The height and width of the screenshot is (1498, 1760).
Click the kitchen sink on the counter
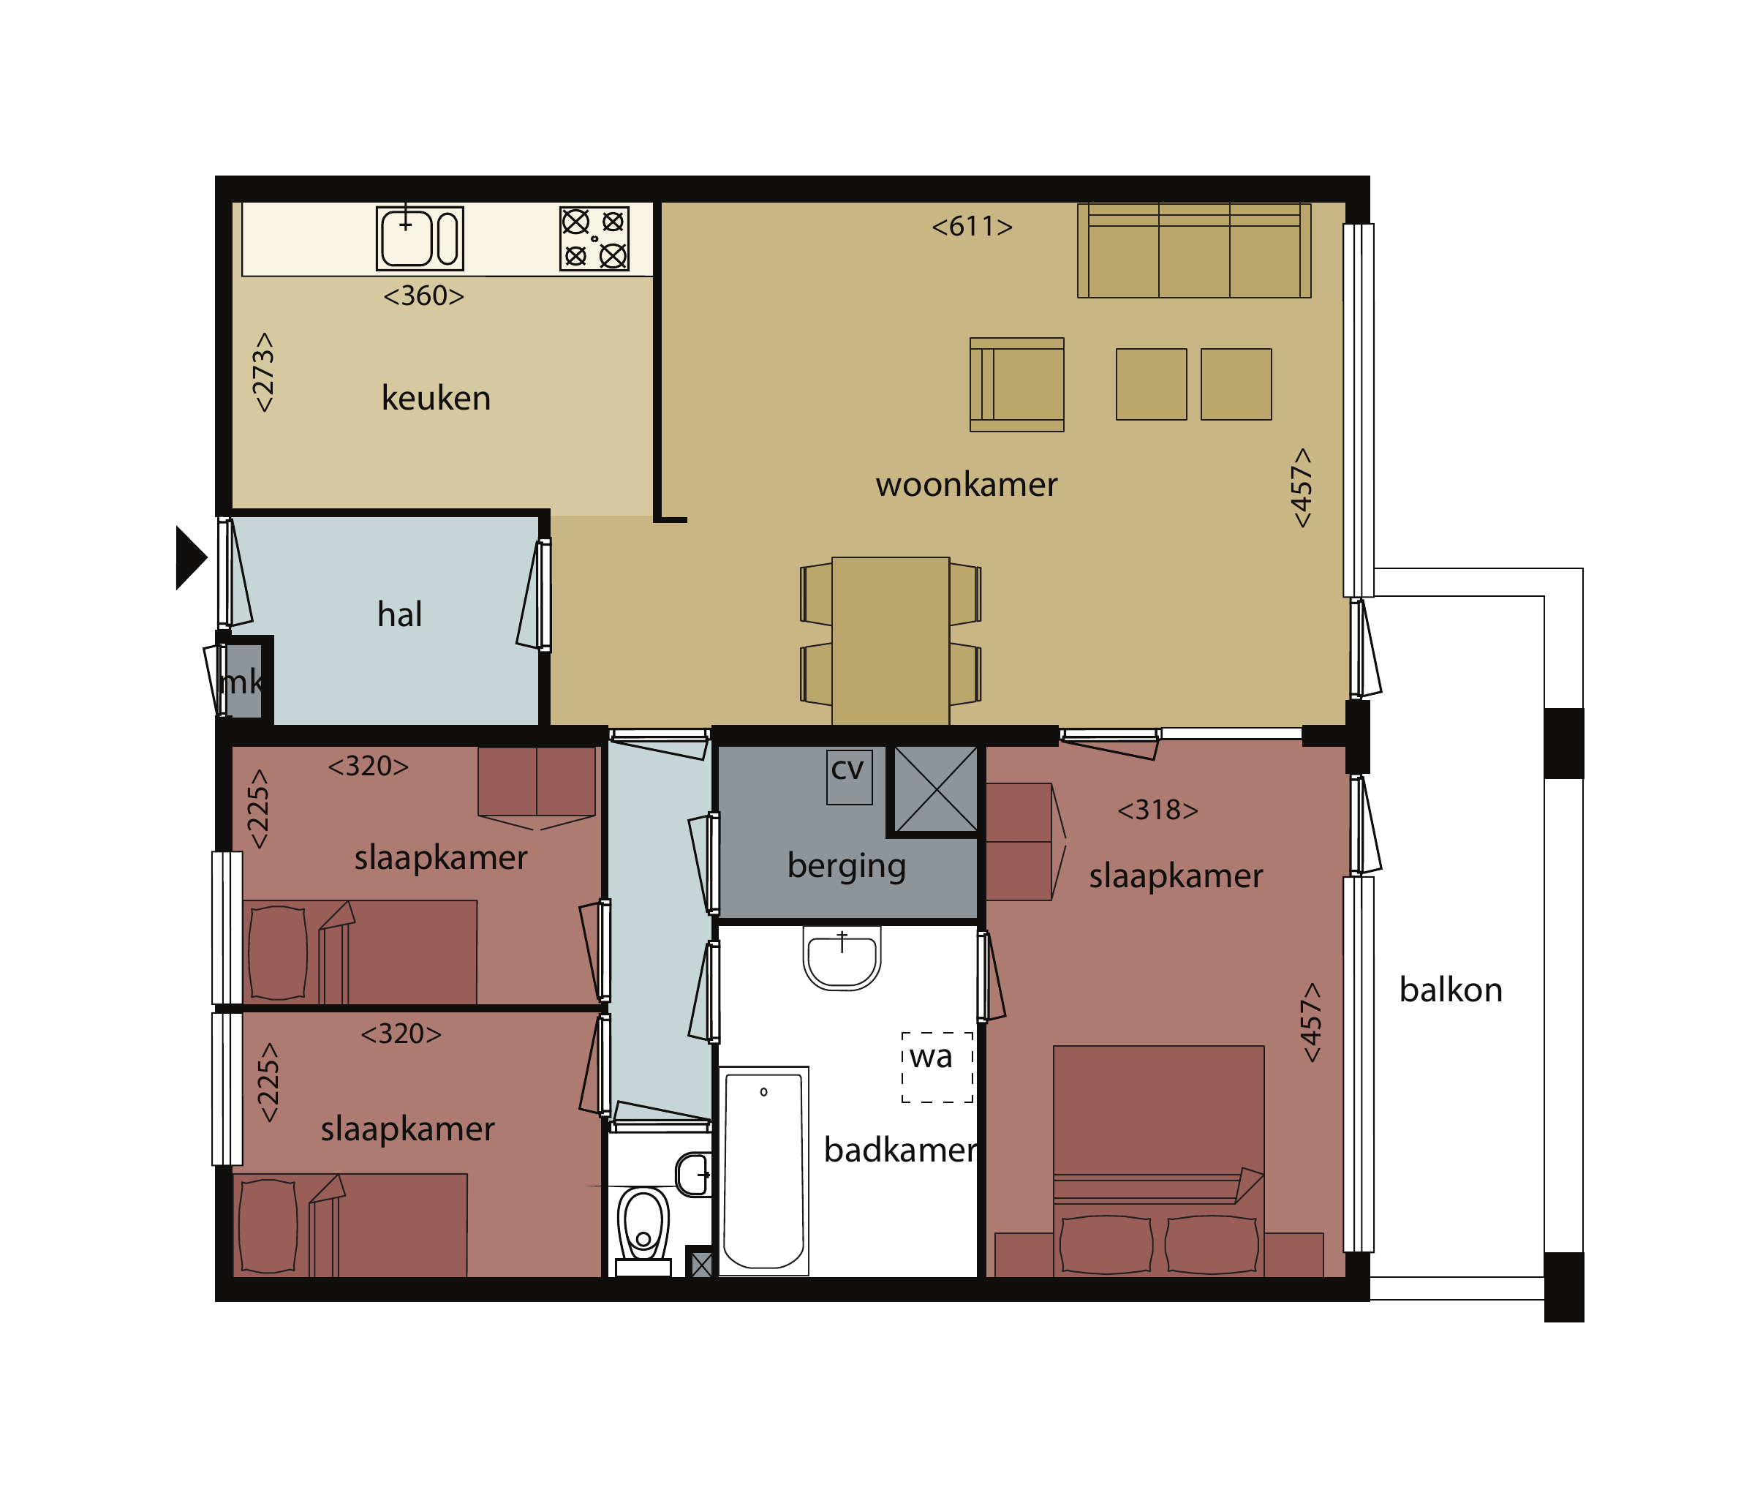pos(420,238)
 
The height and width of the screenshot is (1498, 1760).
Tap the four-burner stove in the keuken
pos(594,238)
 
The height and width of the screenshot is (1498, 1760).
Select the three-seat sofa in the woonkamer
pos(1194,250)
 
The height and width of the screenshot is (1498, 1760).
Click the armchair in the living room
pos(1017,385)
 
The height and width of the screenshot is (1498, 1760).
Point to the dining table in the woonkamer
pos(891,641)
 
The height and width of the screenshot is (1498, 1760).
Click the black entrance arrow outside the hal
pos(191,557)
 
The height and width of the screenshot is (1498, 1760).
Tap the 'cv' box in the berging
pos(849,776)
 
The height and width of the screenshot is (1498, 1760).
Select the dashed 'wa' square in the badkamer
pos(937,1067)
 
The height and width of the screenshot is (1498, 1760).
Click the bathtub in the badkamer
pos(764,1171)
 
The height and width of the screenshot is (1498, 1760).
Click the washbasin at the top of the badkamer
pos(842,958)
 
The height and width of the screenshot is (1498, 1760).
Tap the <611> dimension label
pos(972,227)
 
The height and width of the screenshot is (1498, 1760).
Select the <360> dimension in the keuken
pos(423,296)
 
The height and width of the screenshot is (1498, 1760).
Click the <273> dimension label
pos(263,372)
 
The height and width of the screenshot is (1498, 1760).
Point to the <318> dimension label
pos(1158,810)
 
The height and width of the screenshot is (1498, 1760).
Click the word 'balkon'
pos(1451,990)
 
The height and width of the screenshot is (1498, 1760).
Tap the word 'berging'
pos(847,866)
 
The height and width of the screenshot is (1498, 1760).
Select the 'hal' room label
pos(400,614)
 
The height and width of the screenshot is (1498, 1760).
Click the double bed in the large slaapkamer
pos(1159,1161)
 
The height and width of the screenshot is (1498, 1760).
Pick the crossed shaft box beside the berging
pos(937,790)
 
